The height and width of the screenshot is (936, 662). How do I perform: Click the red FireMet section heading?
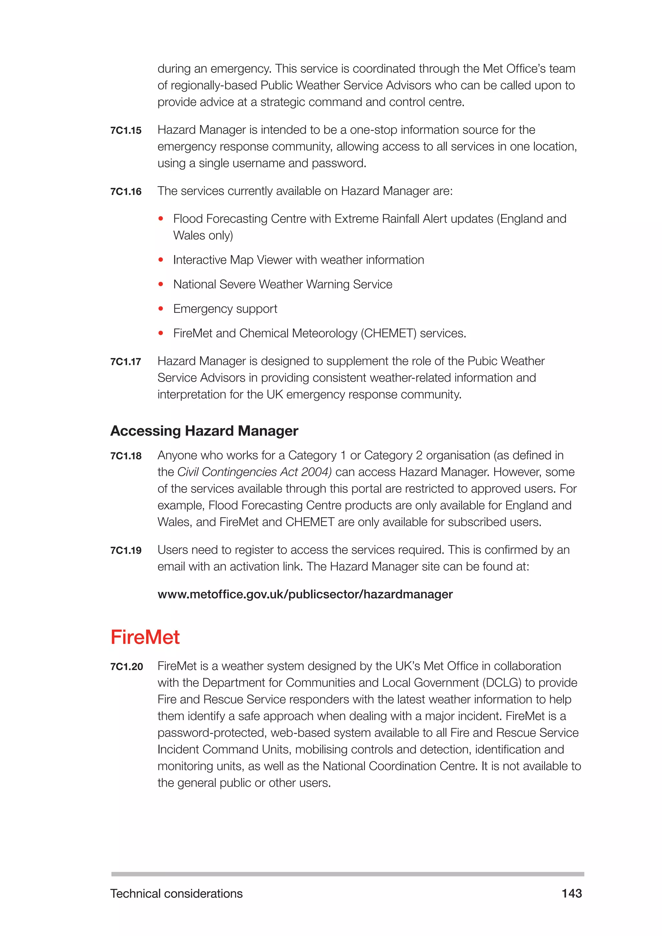tap(145, 637)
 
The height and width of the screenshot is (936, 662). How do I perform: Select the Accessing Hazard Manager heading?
tap(204, 431)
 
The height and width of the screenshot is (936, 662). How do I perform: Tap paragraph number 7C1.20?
tap(126, 666)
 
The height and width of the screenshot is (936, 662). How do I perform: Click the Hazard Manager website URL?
tap(305, 594)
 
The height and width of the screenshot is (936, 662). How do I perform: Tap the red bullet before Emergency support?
tap(161, 309)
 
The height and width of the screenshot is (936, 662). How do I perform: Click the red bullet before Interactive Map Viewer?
tap(161, 260)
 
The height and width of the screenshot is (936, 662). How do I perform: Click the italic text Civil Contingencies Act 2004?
tap(254, 472)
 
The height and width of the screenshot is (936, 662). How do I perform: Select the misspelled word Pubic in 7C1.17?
tap(482, 361)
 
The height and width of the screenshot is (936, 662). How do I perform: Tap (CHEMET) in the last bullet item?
tap(389, 334)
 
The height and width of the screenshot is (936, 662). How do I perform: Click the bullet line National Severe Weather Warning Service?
tap(283, 284)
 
